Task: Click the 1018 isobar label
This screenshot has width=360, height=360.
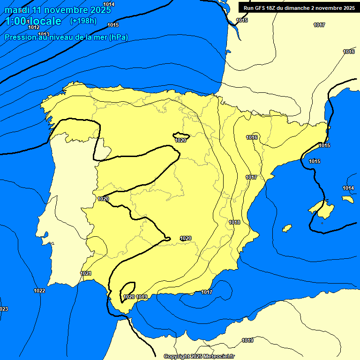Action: [234, 222]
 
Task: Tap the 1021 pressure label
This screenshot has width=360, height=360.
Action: [86, 273]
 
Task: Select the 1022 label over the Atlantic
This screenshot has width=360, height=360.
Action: [39, 291]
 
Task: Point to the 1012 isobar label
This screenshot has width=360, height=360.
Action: [34, 27]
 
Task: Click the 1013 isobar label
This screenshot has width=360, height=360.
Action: [44, 34]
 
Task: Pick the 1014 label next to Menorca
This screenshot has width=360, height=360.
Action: [348, 188]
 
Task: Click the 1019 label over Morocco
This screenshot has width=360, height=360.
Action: [247, 340]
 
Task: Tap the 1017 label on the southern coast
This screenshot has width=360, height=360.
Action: [207, 292]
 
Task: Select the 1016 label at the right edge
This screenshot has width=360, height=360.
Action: [349, 52]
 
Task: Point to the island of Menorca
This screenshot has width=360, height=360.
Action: [347, 199]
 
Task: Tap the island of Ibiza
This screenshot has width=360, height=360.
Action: [286, 228]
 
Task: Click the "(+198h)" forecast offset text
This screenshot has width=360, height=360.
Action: [83, 21]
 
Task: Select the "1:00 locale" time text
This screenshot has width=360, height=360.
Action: [33, 21]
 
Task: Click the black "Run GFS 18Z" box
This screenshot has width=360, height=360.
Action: [299, 7]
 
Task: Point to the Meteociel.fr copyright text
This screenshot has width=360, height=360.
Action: [199, 356]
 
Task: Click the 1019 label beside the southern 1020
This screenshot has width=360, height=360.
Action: [142, 297]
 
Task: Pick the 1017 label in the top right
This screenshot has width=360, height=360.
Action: [319, 25]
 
